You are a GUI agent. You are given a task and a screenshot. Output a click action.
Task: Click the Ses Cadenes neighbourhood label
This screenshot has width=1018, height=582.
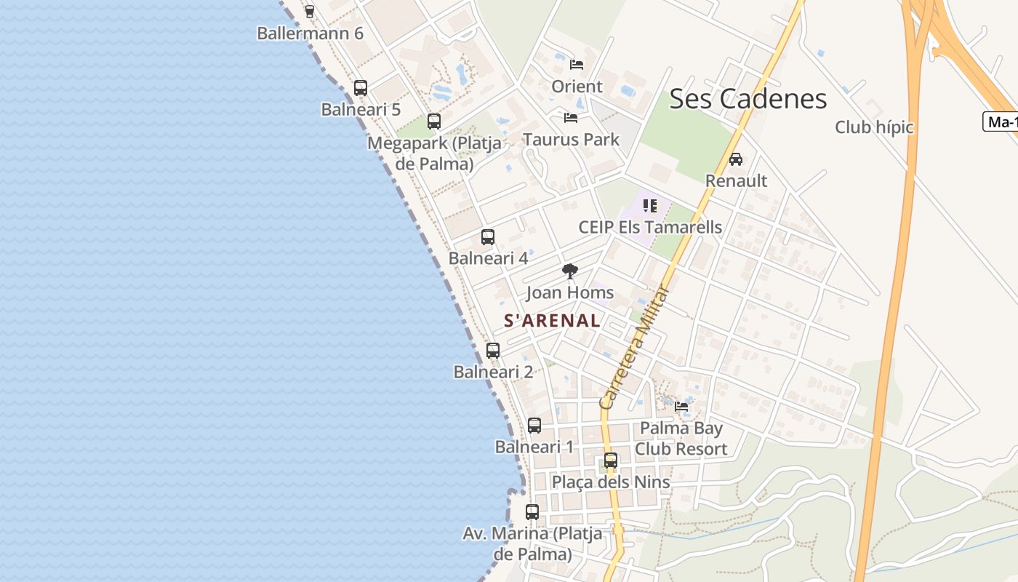(748, 99)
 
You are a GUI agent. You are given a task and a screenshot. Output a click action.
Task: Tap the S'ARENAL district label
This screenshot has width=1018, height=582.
(552, 321)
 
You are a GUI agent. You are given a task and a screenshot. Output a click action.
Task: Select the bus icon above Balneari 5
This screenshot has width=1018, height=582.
(360, 88)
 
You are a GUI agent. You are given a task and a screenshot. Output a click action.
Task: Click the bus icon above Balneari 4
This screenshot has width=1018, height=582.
(487, 236)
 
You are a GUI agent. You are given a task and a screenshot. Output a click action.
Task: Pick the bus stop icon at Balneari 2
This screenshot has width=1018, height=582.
(492, 350)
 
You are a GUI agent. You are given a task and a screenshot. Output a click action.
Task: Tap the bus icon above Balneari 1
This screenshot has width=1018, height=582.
(534, 426)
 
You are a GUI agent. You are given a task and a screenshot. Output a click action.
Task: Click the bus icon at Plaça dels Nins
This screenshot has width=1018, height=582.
(610, 461)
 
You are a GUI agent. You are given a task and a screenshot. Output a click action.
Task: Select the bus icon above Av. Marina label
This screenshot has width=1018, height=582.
(532, 512)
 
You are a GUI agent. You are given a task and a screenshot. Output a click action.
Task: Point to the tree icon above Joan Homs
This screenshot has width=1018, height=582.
(569, 271)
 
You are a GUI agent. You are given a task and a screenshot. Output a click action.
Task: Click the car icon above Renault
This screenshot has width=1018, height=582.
(735, 159)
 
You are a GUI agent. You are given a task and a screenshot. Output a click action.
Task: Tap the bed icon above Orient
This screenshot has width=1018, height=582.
(576, 64)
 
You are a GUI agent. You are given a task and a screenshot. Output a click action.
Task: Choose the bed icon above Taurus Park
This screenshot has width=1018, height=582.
(570, 117)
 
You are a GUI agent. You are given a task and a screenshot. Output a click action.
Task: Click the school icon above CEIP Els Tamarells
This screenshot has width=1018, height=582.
(649, 206)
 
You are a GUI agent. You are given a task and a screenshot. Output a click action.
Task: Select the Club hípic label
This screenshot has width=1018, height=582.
(873, 127)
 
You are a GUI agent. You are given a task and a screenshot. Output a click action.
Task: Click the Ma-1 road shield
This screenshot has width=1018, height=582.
(1002, 122)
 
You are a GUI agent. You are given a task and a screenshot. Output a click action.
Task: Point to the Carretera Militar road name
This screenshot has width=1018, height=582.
(633, 348)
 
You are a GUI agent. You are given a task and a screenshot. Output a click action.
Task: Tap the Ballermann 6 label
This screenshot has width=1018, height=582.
(310, 33)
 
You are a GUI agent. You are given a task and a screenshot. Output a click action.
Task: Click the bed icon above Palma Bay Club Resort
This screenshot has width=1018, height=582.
(681, 407)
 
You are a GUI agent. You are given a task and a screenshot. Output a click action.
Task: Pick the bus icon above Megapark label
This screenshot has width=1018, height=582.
(433, 121)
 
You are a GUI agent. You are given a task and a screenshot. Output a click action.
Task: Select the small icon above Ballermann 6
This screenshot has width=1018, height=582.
(309, 11)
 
